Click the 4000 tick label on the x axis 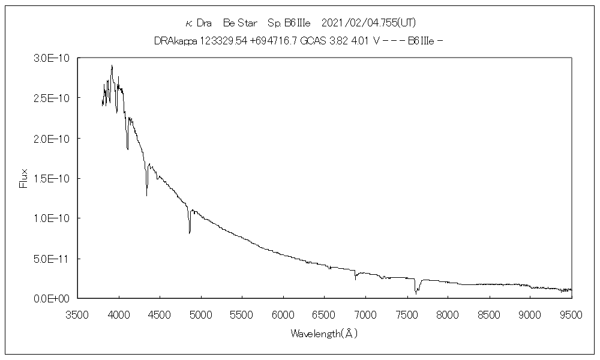(119, 313)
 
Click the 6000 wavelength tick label (283, 313)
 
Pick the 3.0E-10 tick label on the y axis (52, 58)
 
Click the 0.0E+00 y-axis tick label (52, 298)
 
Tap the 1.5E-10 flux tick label (52, 178)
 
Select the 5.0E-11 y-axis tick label (52, 259)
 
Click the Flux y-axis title (24, 178)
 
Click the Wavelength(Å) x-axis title (325, 333)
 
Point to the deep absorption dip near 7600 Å (415, 293)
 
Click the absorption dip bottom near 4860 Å (190, 233)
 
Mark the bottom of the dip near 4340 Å (146, 196)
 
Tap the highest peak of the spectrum (112, 65)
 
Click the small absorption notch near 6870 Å (355, 280)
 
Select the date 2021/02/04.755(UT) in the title (369, 23)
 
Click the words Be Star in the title (240, 23)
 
